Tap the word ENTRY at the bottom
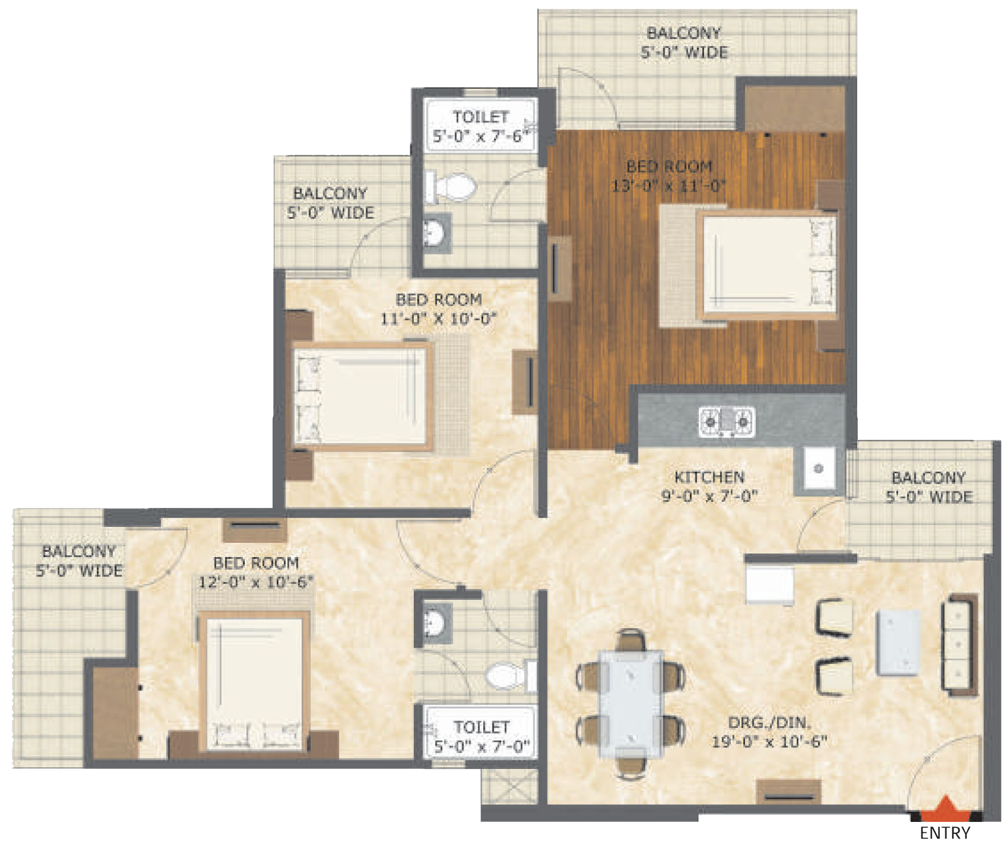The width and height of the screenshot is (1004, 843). pyautogui.click(x=945, y=833)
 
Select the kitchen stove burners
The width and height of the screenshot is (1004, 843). pyautogui.click(x=727, y=421)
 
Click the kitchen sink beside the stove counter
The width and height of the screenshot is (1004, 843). pyautogui.click(x=819, y=468)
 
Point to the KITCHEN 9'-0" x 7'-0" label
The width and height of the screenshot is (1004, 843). pyautogui.click(x=709, y=486)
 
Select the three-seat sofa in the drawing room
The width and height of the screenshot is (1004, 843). pyautogui.click(x=960, y=644)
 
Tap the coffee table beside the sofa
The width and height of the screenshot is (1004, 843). pyautogui.click(x=899, y=643)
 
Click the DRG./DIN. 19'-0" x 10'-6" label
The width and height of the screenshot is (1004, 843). pyautogui.click(x=770, y=732)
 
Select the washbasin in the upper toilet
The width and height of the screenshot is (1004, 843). pyautogui.click(x=437, y=232)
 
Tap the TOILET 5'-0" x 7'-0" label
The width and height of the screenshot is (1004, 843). pyautogui.click(x=482, y=736)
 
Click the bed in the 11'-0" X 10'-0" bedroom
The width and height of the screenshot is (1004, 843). pyautogui.click(x=361, y=396)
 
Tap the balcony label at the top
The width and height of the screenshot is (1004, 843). pyautogui.click(x=684, y=43)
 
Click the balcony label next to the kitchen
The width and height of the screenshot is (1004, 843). pyautogui.click(x=929, y=487)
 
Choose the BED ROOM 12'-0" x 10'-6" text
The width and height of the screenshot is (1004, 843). pyautogui.click(x=256, y=572)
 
